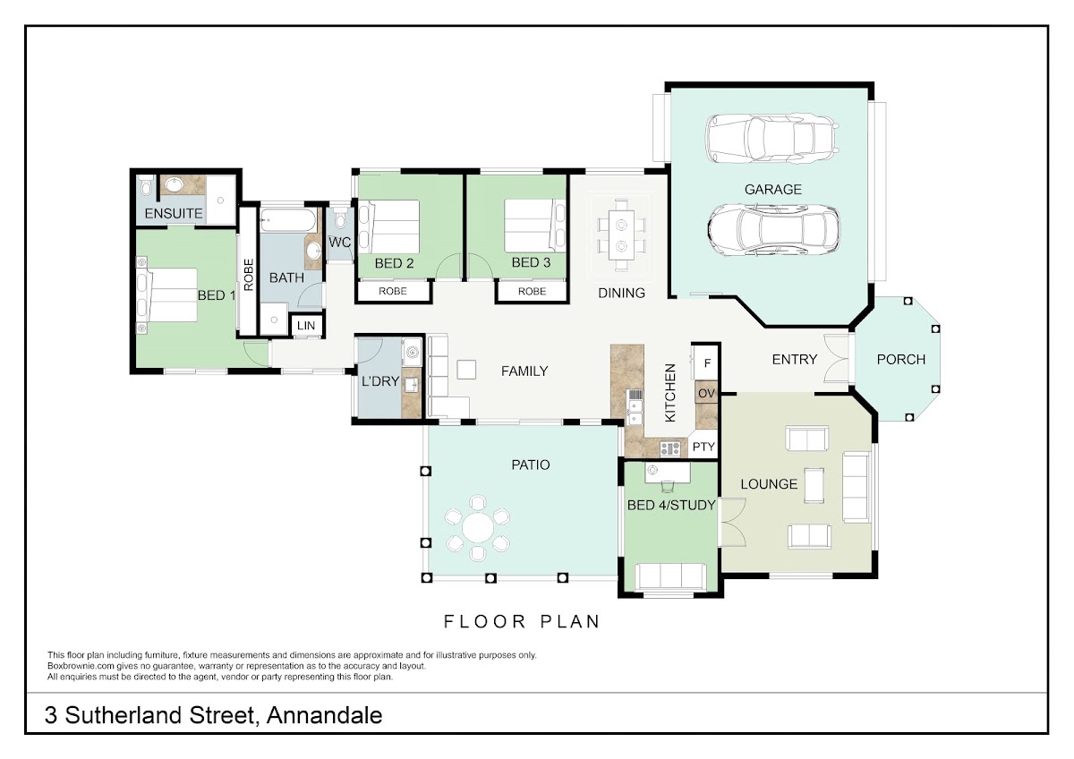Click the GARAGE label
[x=772, y=190]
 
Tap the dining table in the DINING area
[x=621, y=235]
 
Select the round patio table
[x=478, y=528]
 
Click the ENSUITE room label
[x=174, y=213]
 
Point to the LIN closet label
[x=306, y=326]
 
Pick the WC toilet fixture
[x=340, y=218]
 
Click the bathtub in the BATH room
[x=287, y=221]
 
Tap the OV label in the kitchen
[x=706, y=393]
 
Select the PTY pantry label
[x=703, y=447]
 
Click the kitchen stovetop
[x=669, y=448]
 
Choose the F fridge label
[x=707, y=363]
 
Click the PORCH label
[x=901, y=359]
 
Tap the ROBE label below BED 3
[x=532, y=291]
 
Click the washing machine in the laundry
[x=412, y=353]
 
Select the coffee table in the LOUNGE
[x=814, y=485]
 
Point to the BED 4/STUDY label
[x=671, y=505]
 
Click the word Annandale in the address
[x=325, y=715]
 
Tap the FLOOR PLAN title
[x=522, y=621]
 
